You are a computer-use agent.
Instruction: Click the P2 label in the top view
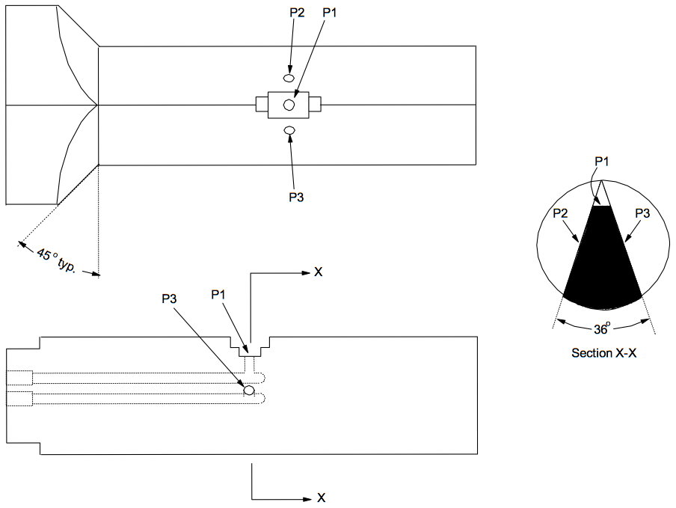(297, 13)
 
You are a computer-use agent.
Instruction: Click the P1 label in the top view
(329, 13)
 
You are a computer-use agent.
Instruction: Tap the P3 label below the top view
(296, 197)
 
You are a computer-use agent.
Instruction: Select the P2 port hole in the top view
(289, 78)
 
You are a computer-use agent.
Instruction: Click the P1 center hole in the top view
(289, 104)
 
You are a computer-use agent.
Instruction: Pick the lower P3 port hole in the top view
(289, 130)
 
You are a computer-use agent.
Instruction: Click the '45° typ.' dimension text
(56, 260)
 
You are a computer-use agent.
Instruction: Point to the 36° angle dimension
(602, 329)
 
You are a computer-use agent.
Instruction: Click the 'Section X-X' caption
(603, 352)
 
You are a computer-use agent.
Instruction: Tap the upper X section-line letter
(318, 272)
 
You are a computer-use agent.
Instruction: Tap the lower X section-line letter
(322, 498)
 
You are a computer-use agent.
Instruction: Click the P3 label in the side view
(170, 299)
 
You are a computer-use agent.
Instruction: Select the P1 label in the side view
(218, 295)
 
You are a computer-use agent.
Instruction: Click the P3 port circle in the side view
(249, 391)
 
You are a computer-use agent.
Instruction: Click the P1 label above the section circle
(601, 162)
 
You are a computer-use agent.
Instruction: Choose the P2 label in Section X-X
(560, 213)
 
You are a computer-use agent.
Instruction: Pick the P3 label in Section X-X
(642, 213)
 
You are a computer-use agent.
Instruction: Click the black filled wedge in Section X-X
(602, 263)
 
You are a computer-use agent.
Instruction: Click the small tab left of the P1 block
(262, 104)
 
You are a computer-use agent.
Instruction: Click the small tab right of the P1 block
(315, 104)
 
